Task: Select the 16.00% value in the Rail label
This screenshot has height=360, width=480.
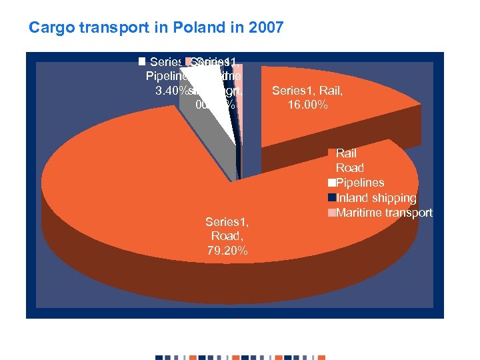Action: coord(307,105)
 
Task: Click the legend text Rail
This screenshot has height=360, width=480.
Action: coord(346,153)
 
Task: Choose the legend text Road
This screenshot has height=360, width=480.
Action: coord(349,168)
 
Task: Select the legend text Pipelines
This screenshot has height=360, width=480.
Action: coord(360,183)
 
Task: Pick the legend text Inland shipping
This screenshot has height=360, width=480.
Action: coord(376,198)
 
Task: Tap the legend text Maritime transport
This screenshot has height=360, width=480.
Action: coord(385,213)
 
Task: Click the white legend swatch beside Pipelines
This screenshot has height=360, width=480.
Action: coord(331,183)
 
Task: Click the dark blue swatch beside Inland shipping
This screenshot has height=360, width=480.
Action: coord(331,198)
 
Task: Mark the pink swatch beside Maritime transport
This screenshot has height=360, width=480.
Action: coord(331,213)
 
